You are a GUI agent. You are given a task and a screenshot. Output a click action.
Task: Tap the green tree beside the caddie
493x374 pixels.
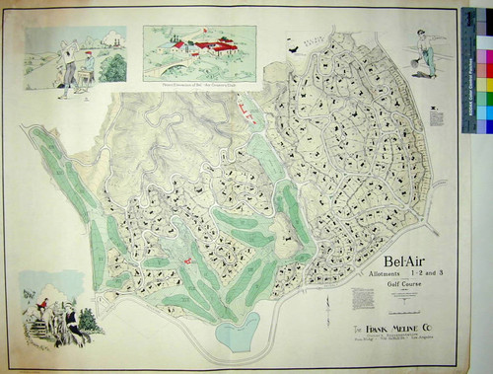[x=112, y=67]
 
